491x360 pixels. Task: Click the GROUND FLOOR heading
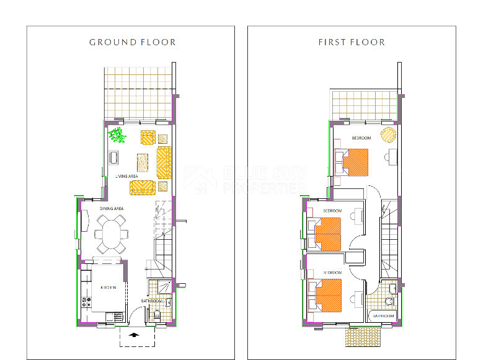[x=132, y=42]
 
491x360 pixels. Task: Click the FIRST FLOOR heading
[x=352, y=42]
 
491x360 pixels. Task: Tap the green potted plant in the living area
[x=117, y=134]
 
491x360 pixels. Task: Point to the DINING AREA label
[x=112, y=209]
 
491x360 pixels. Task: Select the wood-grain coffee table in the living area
[x=143, y=163]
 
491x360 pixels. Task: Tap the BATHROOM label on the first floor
[x=383, y=315]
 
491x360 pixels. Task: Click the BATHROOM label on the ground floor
[x=152, y=301]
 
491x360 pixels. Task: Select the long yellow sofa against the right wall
[x=164, y=162]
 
